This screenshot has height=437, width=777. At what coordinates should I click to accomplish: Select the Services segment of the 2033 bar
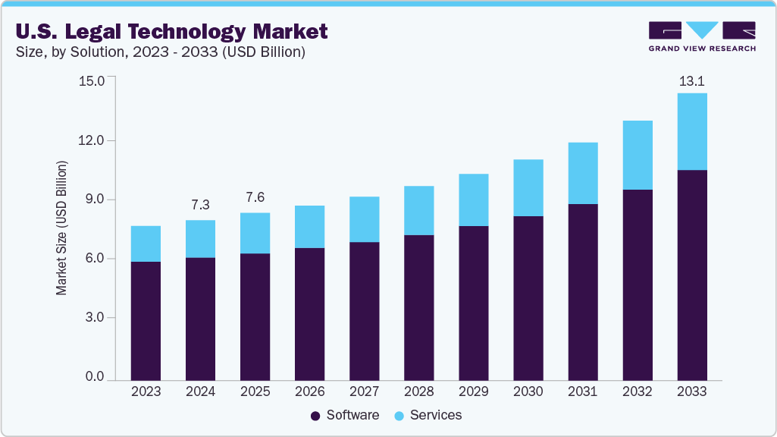point(691,131)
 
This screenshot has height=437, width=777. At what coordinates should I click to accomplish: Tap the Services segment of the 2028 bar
point(418,210)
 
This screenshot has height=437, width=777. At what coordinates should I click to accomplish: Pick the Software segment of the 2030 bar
point(528,297)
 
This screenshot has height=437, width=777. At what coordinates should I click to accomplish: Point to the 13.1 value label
point(691,81)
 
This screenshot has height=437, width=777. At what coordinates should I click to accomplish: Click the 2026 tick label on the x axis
point(309,392)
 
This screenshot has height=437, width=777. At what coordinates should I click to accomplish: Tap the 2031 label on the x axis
point(582,392)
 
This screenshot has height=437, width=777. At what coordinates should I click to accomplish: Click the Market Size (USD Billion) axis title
point(62,228)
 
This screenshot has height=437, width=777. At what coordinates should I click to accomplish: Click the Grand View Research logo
point(701,36)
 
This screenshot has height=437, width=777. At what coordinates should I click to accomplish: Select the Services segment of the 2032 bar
point(637,155)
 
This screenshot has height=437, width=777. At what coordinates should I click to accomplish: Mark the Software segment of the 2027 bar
point(364,311)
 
